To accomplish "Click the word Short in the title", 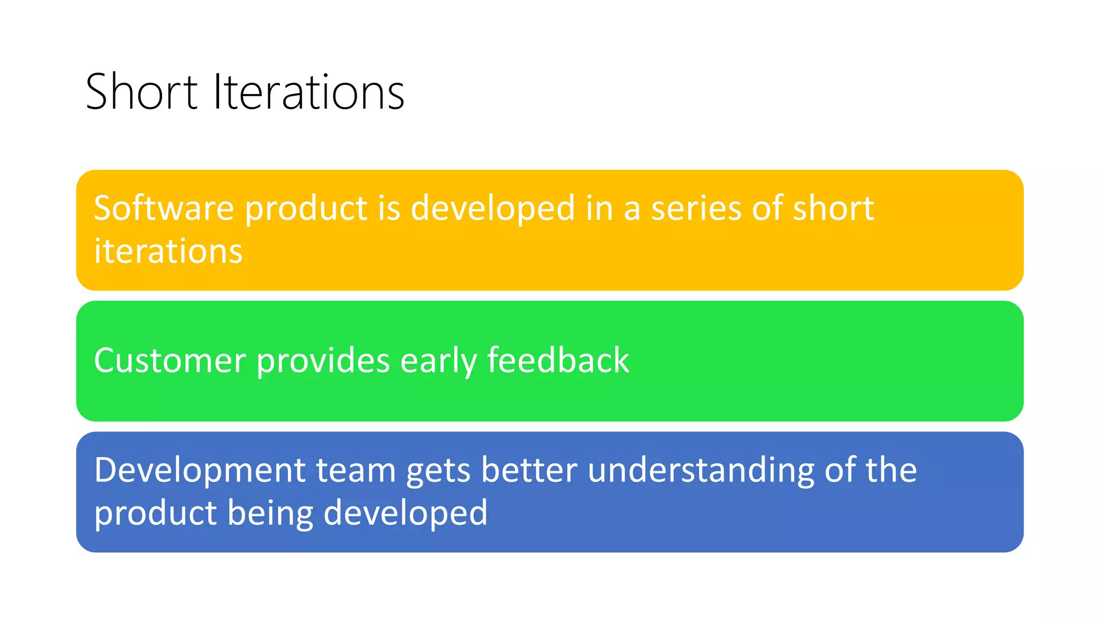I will point(141,92).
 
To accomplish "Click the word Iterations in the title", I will point(308,92).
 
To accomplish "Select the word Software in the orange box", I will point(164,208).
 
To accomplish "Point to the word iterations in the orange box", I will point(168,251).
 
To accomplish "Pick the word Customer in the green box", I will point(170,361).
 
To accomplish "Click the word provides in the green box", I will point(323,361).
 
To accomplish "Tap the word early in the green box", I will point(438,361).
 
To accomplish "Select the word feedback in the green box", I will point(558,361).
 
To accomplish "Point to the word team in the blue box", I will point(356,471).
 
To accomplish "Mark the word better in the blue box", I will point(529,471).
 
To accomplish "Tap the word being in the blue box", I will point(270,514).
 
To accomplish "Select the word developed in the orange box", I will point(493,210).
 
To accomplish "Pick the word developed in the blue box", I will point(406,514).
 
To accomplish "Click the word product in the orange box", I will point(306,210).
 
